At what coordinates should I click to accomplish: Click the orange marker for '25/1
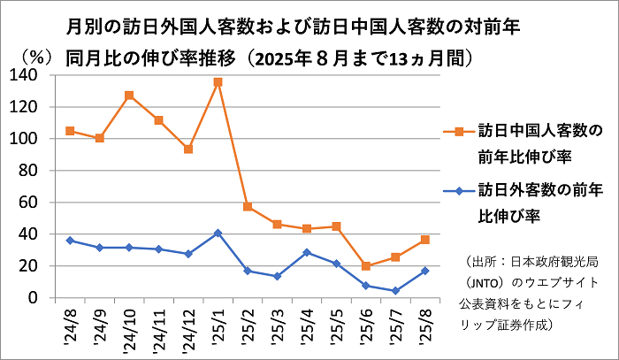pos(218,82)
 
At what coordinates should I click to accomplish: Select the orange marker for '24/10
pos(129,96)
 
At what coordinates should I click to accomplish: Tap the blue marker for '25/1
pos(218,233)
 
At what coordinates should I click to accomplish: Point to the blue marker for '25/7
pos(396,290)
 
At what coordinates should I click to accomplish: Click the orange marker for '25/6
pos(366,265)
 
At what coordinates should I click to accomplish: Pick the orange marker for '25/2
pos(248,207)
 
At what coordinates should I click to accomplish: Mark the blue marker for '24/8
pos(70,241)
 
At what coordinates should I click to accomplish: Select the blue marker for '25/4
pos(307,252)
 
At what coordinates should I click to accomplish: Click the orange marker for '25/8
pos(425,240)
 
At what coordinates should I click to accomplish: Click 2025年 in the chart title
pos(282,58)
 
